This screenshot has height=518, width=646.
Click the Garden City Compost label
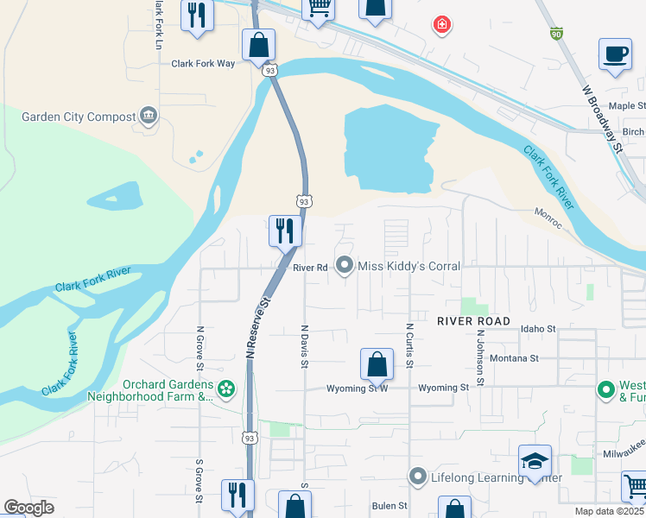tap(79, 117)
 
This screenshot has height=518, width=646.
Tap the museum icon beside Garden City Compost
tap(149, 117)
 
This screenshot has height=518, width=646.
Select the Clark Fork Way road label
tap(203, 63)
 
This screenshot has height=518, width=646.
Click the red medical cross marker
tap(442, 24)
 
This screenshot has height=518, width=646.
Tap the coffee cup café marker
tap(615, 54)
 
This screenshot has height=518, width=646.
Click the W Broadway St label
tap(602, 118)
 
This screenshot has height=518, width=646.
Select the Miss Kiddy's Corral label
tap(408, 266)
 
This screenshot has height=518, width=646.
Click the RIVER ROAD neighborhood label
tap(474, 320)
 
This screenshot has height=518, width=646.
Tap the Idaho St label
tap(538, 329)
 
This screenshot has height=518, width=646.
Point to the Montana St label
tap(514, 357)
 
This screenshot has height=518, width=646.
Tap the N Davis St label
tap(305, 346)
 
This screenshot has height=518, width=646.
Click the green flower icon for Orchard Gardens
tap(225, 390)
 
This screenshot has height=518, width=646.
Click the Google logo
tap(29, 508)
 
